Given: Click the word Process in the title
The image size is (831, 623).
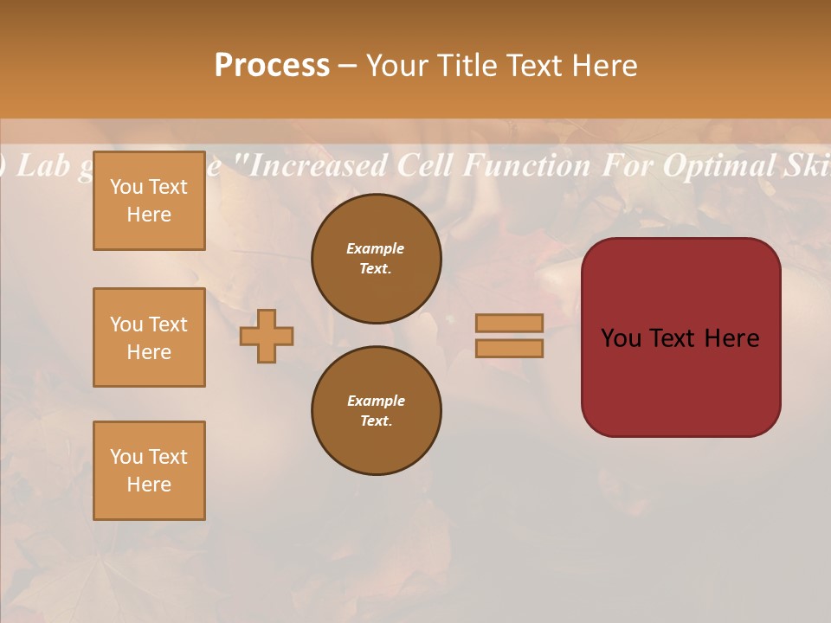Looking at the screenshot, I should pos(272,65).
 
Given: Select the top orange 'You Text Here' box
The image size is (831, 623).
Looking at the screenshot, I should pos(149,201).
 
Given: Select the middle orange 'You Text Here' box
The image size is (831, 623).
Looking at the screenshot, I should pos(149,337).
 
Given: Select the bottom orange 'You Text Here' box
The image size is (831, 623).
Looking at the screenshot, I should pos(149,471).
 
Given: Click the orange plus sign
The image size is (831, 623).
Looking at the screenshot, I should pos(267,336).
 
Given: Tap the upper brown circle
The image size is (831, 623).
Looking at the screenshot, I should pos(376,259).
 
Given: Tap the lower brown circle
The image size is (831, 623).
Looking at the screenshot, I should pos(376,411).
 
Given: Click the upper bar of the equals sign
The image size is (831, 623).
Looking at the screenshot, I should pos(510,323).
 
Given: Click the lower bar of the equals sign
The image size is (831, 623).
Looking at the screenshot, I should pos(510,348).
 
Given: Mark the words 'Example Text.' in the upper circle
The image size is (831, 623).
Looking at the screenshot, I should pos(376,259).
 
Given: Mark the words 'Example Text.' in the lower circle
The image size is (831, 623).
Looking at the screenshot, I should pos(376,411).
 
